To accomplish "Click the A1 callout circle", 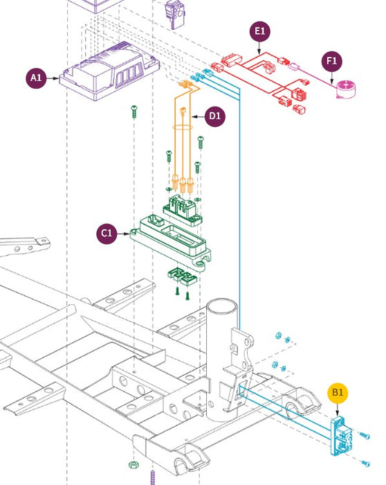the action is pos(36,78).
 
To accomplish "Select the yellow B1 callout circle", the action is pos(338,393).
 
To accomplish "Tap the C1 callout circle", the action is pos(107,233).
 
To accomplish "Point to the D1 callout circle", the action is pos(215,116).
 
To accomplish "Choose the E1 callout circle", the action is pos(259,31).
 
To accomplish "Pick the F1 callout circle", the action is pos(332,61).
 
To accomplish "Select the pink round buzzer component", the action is pos(346,89).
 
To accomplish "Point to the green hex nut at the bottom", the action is pos(133,465).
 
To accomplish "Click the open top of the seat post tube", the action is pos(222,306).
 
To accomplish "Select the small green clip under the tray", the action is pos(182,276).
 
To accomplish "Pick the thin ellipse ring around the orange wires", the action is pos(183,127).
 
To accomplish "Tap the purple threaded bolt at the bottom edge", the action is pos(153,477).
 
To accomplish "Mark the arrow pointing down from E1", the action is pos(259,48).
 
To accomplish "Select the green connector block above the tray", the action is pos(183,211).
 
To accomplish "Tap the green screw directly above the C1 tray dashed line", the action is pos(134,112).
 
